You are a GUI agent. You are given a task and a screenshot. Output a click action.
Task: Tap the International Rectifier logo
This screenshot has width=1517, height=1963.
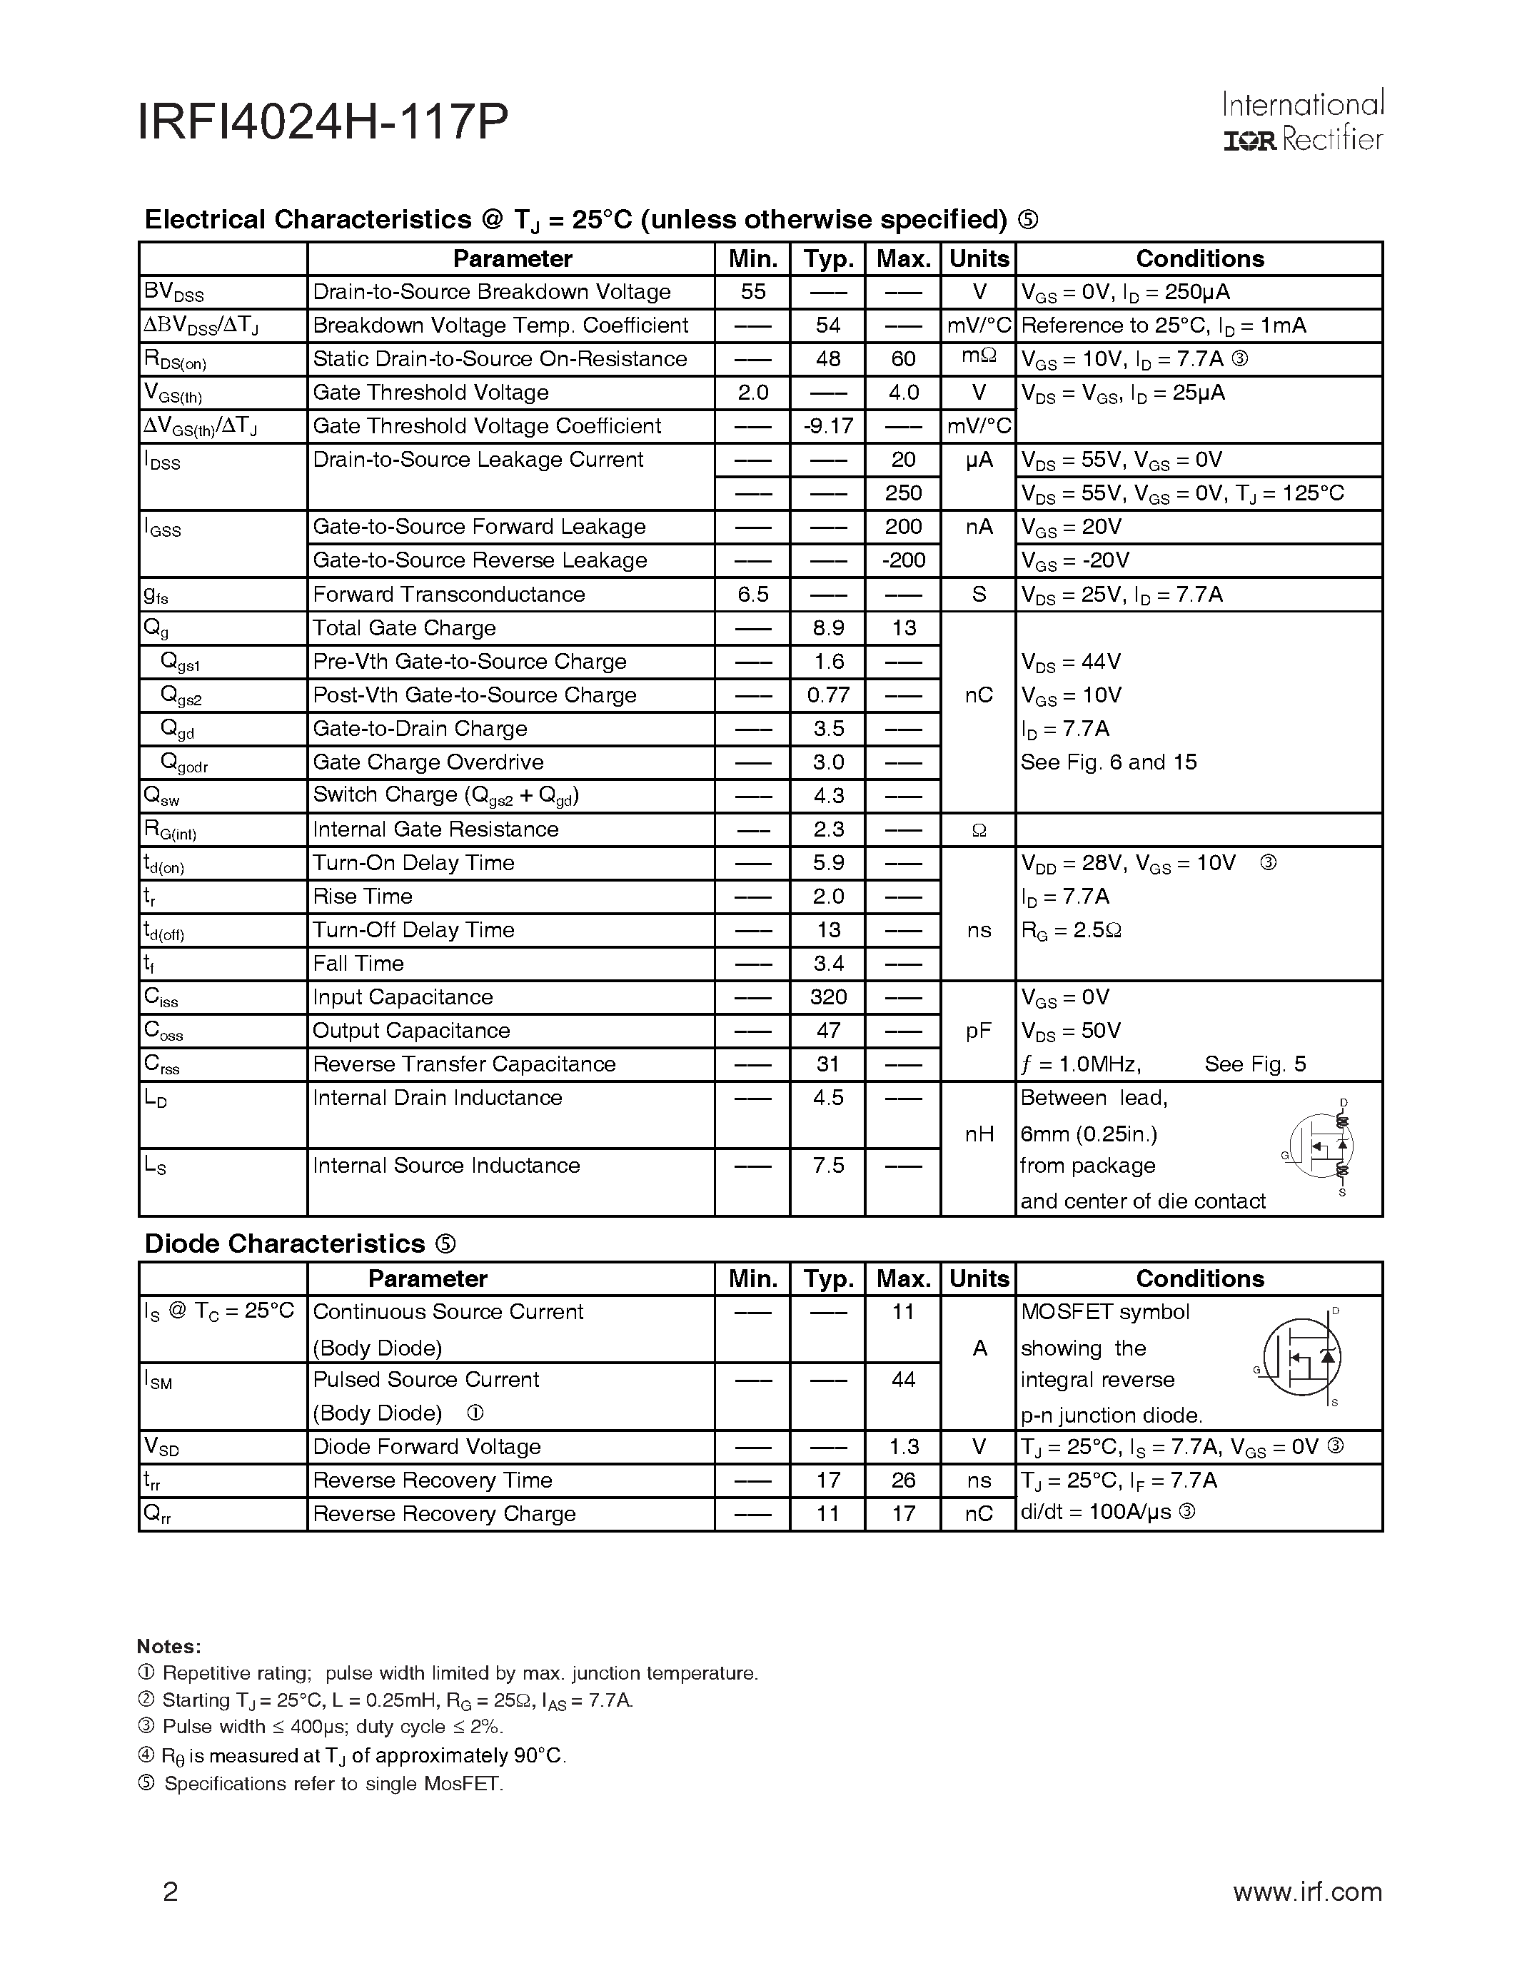click(x=1302, y=122)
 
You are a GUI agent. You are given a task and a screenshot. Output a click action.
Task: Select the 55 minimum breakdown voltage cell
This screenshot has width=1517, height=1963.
click(x=752, y=292)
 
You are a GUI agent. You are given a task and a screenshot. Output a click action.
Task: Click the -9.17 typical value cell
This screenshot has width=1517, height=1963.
click(x=827, y=426)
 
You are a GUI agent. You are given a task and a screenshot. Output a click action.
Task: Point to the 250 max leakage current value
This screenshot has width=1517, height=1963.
click(x=902, y=493)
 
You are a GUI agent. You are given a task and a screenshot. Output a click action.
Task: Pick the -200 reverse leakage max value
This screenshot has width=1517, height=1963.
click(x=902, y=561)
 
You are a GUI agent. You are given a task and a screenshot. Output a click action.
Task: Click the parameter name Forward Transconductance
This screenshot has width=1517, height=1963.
click(x=448, y=595)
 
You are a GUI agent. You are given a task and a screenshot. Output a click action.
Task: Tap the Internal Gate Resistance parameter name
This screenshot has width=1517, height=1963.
click(x=436, y=829)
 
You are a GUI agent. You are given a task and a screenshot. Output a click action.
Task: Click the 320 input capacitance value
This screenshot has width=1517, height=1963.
click(x=827, y=998)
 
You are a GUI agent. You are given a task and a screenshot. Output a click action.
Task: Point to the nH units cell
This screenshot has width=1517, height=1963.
click(x=978, y=1135)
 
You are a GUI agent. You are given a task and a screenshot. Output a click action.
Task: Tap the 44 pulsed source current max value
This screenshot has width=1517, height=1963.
click(x=902, y=1380)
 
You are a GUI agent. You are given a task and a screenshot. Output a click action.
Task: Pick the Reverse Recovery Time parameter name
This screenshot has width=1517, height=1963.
click(x=433, y=1480)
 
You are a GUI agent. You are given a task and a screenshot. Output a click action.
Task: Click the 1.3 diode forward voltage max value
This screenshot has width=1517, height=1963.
click(x=902, y=1447)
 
